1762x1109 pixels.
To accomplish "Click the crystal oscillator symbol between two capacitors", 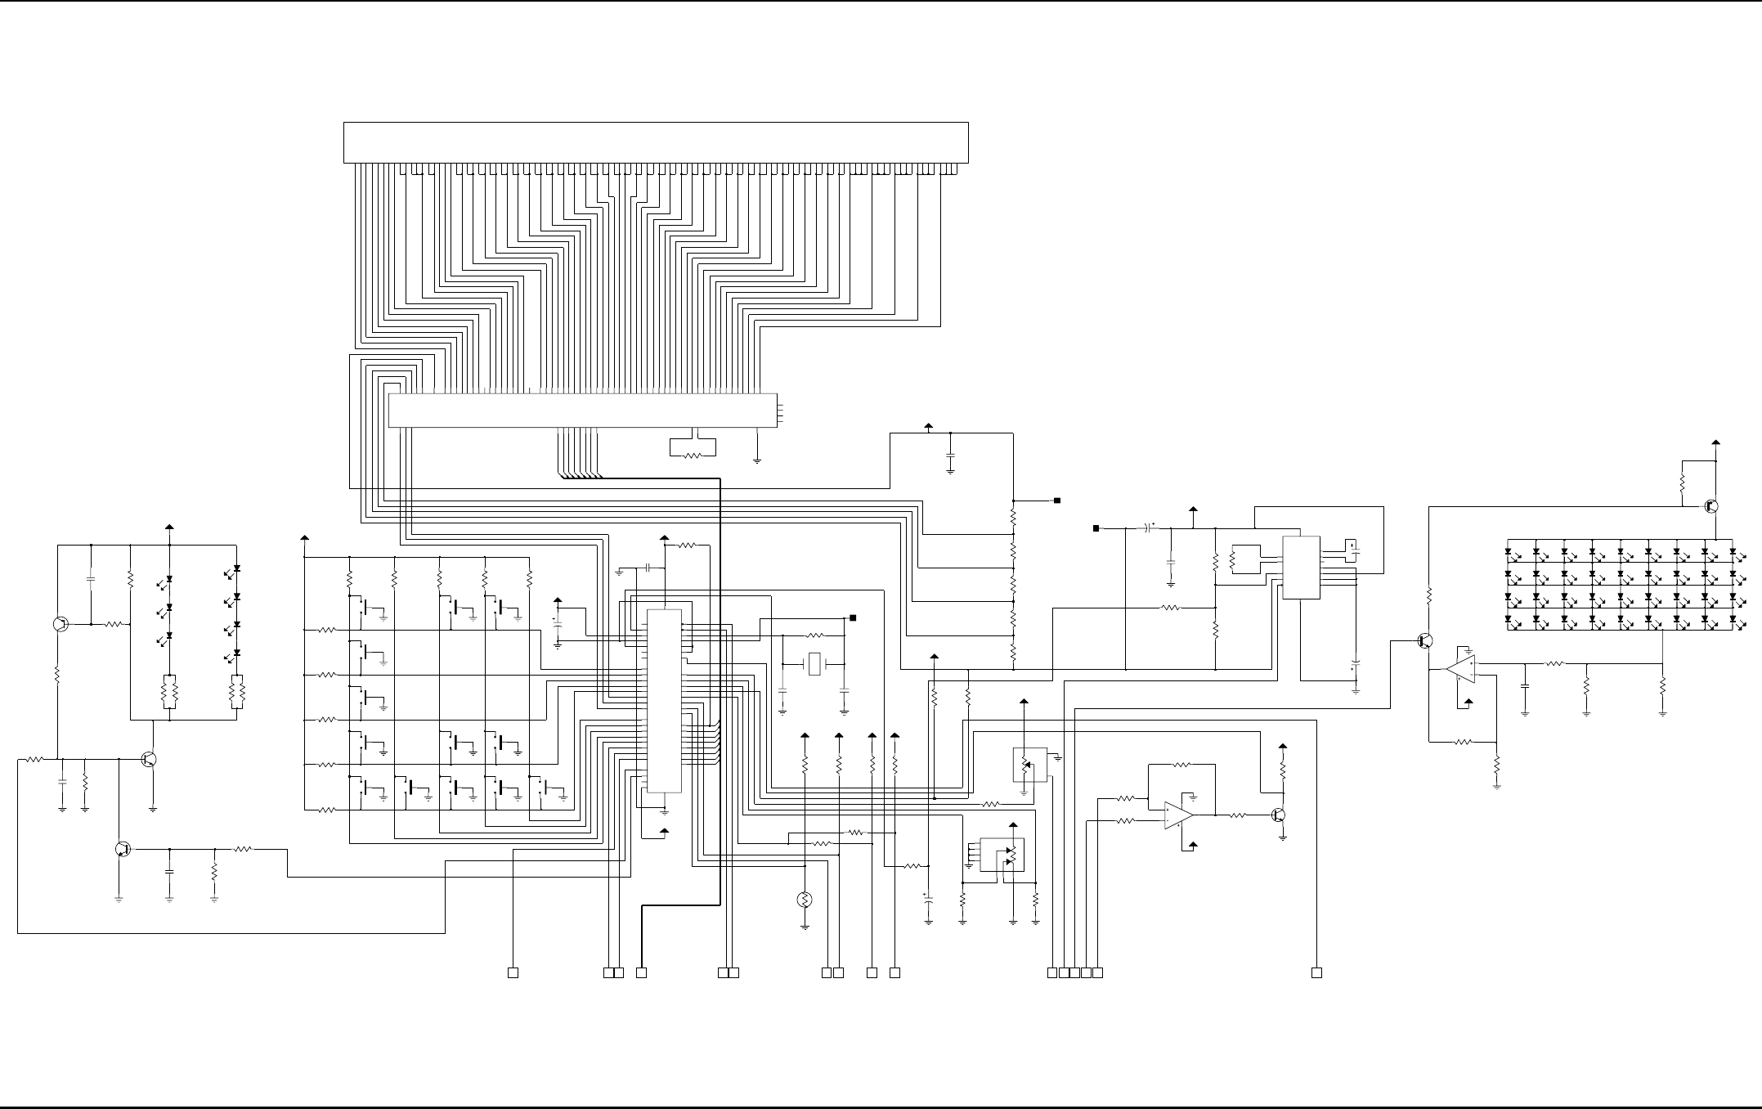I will click(x=814, y=664).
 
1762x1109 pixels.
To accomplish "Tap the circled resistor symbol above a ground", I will click(x=805, y=900).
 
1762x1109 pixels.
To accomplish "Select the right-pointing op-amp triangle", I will click(x=1178, y=815).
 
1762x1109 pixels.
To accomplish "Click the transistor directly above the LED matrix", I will click(x=1711, y=506).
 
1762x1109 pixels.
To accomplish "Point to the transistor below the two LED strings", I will click(x=148, y=759).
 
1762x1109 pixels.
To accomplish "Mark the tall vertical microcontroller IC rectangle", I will click(x=664, y=701).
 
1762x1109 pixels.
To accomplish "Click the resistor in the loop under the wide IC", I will click(x=692, y=456).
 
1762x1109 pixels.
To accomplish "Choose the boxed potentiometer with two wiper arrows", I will click(x=1002, y=855).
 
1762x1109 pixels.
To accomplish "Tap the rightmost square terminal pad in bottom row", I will click(x=1316, y=972).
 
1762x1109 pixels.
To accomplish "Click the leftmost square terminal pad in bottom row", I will click(x=513, y=972).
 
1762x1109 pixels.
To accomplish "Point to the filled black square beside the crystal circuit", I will click(x=852, y=617).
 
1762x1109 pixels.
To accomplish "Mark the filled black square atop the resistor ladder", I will click(x=1056, y=500).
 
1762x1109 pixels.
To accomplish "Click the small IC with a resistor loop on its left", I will click(x=1300, y=568).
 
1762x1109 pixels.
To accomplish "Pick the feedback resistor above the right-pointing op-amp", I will click(x=1181, y=766).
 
